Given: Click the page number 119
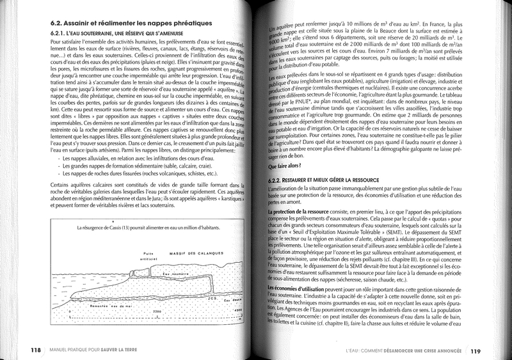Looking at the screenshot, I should [x=476, y=350].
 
